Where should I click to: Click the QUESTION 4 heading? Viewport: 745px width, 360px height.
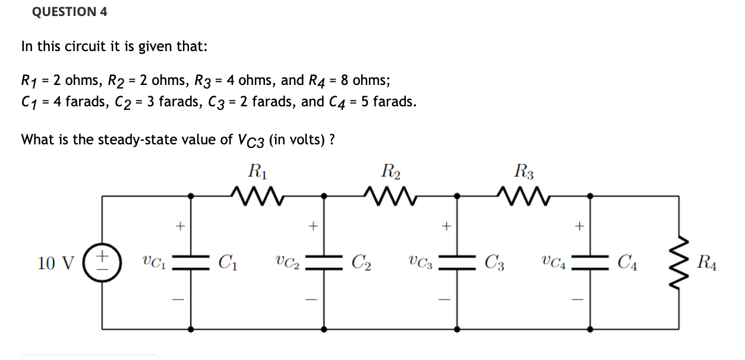point(70,12)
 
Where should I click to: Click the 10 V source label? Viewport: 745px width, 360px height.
point(55,262)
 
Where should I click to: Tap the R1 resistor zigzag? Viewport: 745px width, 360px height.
point(256,194)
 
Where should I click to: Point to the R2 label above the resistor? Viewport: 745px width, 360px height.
point(390,173)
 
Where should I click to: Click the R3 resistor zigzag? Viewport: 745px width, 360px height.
point(523,194)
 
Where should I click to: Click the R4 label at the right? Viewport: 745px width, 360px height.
point(707,262)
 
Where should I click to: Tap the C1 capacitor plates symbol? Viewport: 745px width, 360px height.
point(191,262)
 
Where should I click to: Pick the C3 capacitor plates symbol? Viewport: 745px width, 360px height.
point(457,262)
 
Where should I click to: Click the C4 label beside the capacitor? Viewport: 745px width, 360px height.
point(627,262)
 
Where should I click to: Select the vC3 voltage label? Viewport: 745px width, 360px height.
point(419,262)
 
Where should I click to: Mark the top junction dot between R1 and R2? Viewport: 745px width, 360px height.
point(324,195)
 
